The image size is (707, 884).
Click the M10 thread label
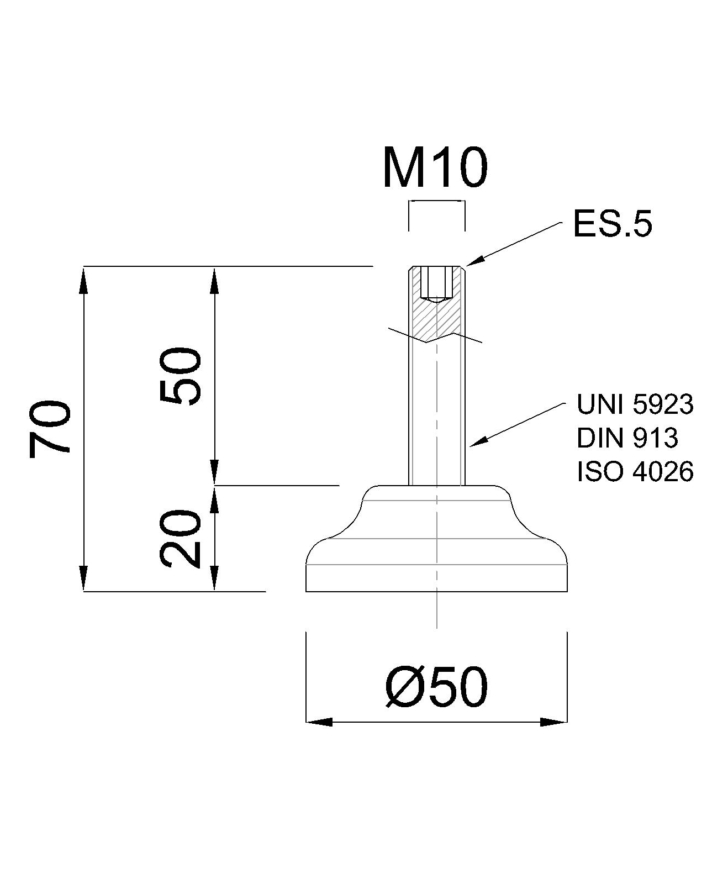435,167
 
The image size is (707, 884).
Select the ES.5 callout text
612,224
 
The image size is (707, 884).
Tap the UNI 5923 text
634,404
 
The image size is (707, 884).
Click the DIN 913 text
626,438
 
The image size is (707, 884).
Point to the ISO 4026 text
634,472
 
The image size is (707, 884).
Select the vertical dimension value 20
181,539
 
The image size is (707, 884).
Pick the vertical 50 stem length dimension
181,376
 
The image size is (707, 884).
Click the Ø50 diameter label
436,687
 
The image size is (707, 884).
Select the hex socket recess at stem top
436,283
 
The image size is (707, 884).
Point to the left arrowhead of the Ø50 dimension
319,722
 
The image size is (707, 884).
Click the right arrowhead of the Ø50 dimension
554,722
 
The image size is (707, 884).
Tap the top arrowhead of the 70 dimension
84,280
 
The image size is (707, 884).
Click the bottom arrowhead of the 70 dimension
84,578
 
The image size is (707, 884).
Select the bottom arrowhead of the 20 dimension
215,578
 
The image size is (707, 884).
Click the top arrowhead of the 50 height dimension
215,280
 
